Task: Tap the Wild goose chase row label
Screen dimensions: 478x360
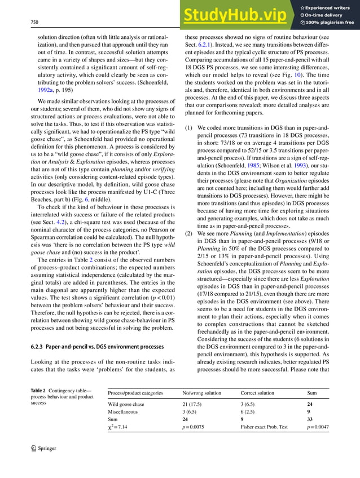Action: coord(126,404)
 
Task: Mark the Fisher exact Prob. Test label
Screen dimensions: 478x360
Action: coord(264,428)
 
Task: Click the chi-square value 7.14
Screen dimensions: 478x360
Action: coord(122,428)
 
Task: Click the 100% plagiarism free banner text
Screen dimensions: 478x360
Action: coord(330,23)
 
